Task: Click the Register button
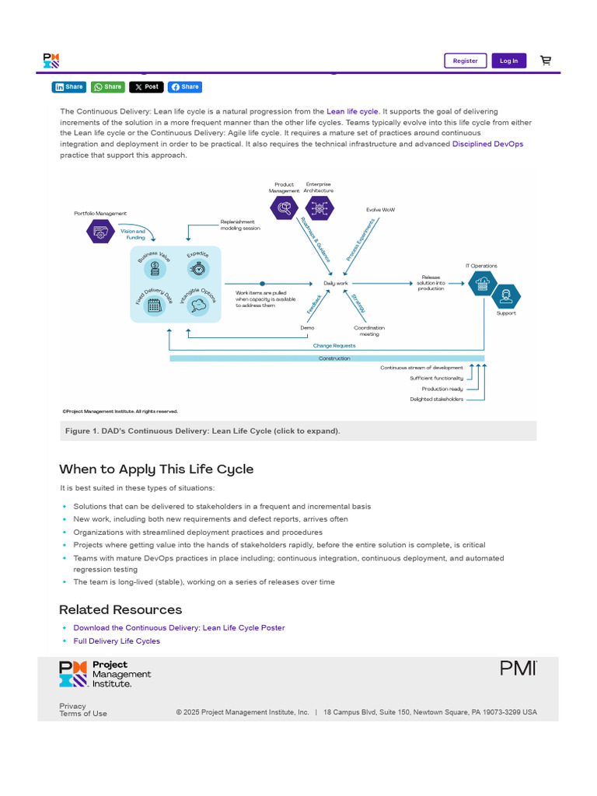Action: click(465, 61)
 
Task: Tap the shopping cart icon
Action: click(546, 61)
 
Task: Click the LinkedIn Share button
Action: click(68, 87)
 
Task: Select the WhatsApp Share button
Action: click(107, 87)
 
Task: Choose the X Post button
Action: click(146, 87)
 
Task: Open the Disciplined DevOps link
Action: click(487, 144)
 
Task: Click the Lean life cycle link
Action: click(352, 112)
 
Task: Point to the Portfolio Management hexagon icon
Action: click(100, 231)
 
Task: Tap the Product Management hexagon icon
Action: click(284, 208)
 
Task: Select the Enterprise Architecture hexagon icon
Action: click(318, 208)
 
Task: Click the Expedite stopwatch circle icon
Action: click(198, 269)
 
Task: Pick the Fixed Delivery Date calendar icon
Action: click(155, 305)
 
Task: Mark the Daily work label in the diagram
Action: click(336, 284)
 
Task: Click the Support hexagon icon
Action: click(506, 295)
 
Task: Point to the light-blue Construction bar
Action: click(326, 358)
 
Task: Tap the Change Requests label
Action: click(334, 345)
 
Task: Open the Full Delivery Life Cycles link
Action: click(117, 641)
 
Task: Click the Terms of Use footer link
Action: click(83, 714)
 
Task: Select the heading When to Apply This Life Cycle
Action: click(156, 470)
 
